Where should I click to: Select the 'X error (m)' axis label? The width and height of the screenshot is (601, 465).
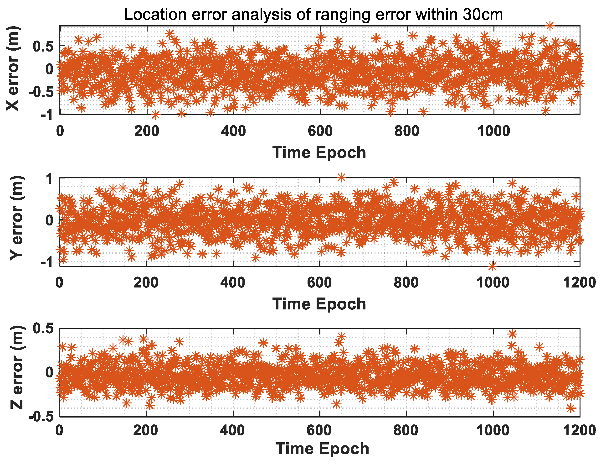click(x=13, y=69)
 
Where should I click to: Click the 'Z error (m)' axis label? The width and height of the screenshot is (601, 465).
click(x=16, y=368)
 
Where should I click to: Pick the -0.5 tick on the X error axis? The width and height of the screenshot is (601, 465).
click(x=41, y=92)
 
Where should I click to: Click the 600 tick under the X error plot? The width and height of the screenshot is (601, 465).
click(x=320, y=131)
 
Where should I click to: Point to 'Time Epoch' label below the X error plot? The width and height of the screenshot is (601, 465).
click(x=319, y=152)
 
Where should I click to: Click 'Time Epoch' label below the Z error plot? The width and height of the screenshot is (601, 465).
click(x=322, y=449)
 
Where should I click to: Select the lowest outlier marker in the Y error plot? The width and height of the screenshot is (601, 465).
click(x=492, y=266)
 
